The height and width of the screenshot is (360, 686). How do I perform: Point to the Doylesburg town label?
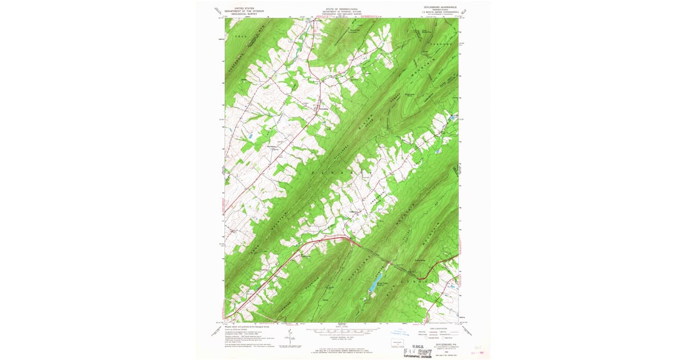[x=324, y=109]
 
